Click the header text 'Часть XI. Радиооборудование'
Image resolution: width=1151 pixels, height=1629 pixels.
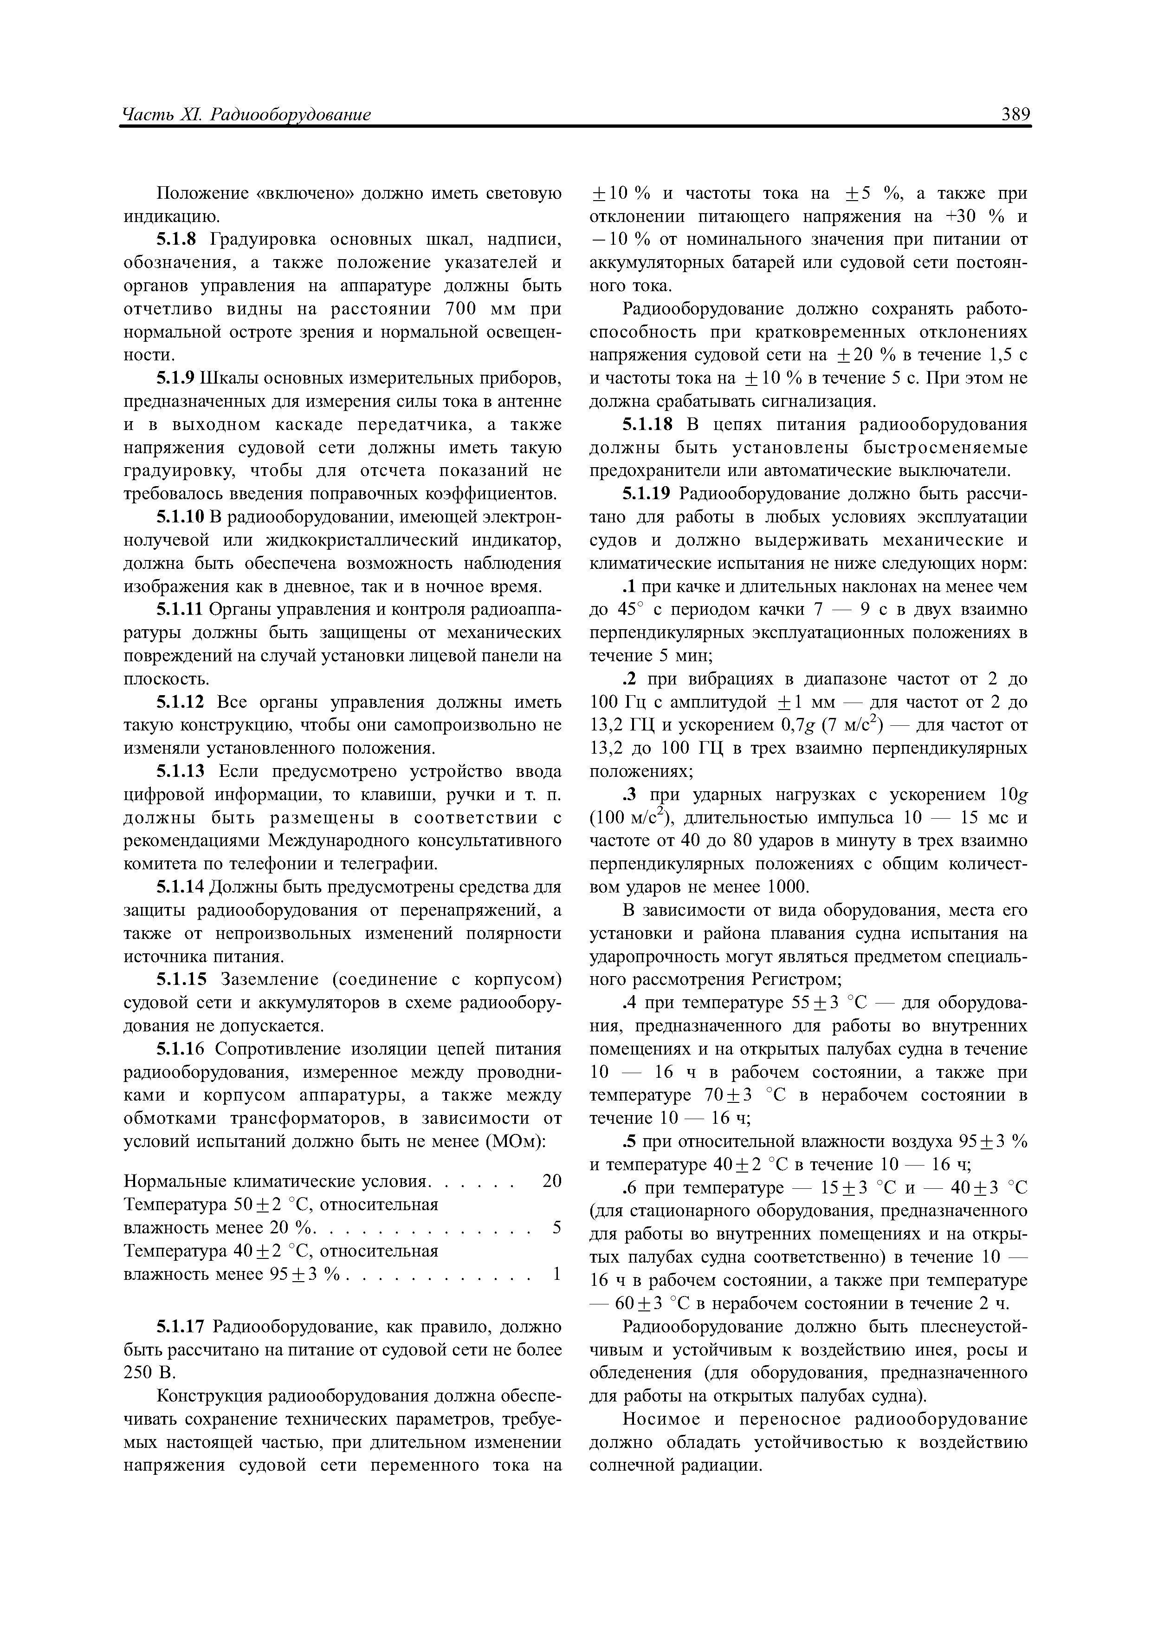click(247, 114)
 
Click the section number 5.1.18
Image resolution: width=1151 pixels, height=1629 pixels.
click(646, 425)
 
